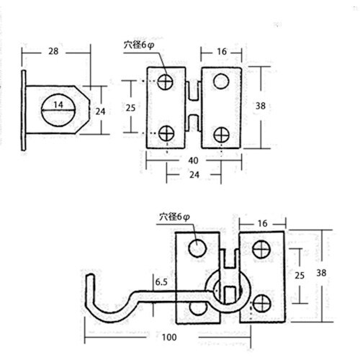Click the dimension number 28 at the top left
(53, 51)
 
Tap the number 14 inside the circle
(58, 104)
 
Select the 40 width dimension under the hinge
(193, 161)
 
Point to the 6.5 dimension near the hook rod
(161, 282)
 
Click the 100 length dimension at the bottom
(169, 337)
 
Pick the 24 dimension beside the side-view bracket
(100, 112)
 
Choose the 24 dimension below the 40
(194, 175)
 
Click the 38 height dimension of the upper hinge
(261, 106)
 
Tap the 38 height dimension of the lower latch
(321, 273)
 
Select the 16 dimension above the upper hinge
(222, 52)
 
